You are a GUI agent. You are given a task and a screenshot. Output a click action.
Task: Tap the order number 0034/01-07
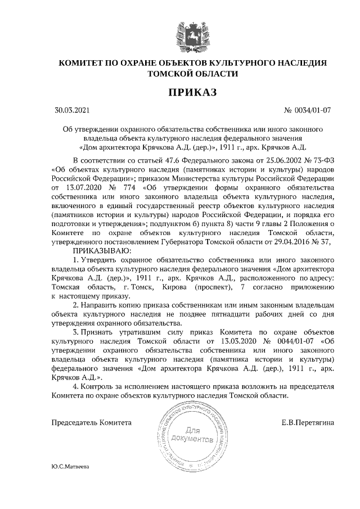(x=312, y=110)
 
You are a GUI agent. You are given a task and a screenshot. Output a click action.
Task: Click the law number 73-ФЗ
(x=323, y=160)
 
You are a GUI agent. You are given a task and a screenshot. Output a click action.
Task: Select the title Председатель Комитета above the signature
(x=92, y=422)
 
